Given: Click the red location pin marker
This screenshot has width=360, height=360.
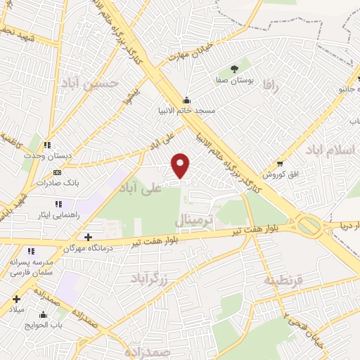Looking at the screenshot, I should (181, 165).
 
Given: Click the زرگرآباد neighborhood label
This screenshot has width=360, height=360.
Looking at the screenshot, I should (149, 279).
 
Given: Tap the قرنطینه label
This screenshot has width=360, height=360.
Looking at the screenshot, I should (283, 279).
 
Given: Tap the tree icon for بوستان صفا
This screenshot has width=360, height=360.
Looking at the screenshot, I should (233, 69).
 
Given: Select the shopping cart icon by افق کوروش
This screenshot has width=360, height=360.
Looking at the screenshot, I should (280, 162).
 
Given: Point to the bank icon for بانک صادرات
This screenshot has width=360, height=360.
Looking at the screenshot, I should (58, 172).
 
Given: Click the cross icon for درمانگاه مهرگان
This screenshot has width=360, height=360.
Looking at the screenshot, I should (88, 237).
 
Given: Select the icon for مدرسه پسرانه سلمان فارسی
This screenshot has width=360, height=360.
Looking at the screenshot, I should (31, 251).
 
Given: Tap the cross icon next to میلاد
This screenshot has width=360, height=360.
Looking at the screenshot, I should (15, 299).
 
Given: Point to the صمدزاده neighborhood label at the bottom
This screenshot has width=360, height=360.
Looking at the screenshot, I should (146, 349).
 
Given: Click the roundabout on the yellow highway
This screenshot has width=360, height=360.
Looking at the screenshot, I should (309, 226).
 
